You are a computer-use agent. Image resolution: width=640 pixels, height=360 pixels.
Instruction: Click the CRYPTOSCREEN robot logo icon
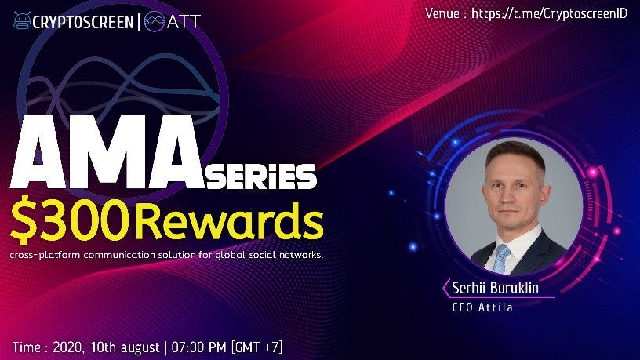[22, 21]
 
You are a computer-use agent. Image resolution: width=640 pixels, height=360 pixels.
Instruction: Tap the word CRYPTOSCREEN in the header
[83, 22]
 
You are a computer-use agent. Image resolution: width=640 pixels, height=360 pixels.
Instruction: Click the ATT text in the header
[184, 22]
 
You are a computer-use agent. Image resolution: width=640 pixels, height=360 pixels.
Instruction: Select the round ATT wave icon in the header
[155, 21]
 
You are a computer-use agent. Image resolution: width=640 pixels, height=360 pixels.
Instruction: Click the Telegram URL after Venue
[549, 14]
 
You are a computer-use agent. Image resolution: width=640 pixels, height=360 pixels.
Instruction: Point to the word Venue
[442, 14]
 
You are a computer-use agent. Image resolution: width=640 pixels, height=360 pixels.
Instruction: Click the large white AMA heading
[107, 152]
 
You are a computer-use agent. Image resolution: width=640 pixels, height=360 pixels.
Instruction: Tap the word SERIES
[261, 176]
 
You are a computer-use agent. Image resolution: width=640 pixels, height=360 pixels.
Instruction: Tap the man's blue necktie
[501, 257]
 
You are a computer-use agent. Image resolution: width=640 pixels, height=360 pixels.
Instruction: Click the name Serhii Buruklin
[495, 288]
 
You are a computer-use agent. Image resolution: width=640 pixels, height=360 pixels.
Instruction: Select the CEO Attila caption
[482, 307]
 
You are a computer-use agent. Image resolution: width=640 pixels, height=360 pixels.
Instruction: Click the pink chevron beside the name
[445, 288]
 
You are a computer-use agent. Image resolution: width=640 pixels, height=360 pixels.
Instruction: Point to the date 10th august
[125, 347]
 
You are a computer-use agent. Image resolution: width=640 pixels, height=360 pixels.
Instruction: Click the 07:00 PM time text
[198, 347]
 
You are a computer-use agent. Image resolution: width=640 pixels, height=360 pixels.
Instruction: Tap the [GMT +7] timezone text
[256, 347]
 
